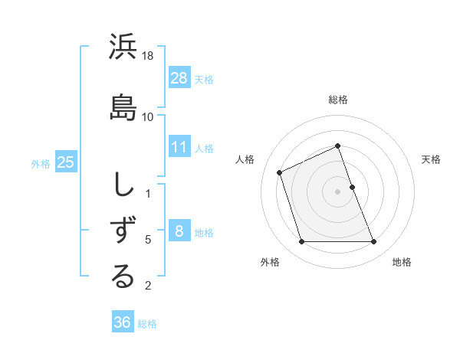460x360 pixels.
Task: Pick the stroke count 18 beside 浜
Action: click(x=148, y=57)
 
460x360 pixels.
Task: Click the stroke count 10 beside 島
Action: click(x=148, y=116)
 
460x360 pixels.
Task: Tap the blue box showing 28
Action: click(x=179, y=77)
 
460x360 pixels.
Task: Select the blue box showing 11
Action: click(x=179, y=147)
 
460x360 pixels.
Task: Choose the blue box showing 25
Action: click(x=65, y=162)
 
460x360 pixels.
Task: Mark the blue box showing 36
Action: click(x=122, y=322)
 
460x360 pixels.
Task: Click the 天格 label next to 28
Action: click(x=204, y=79)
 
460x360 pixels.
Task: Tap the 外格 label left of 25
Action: click(x=41, y=163)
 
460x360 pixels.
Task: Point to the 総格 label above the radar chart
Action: click(x=338, y=100)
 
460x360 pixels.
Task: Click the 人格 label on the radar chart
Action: click(x=245, y=159)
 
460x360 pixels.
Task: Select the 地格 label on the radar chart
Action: click(x=402, y=262)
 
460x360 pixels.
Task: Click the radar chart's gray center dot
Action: click(x=338, y=191)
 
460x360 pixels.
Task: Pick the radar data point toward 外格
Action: click(x=301, y=242)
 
